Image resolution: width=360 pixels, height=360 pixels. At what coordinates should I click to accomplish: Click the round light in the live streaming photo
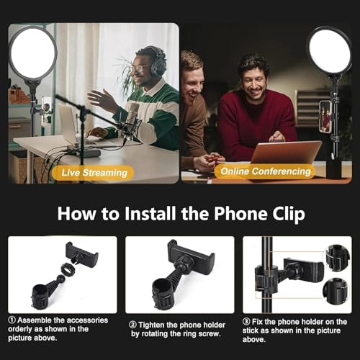click(32, 53)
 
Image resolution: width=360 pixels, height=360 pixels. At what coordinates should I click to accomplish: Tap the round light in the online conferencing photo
click(329, 50)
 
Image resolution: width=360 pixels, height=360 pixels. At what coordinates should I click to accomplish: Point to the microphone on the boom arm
click(133, 113)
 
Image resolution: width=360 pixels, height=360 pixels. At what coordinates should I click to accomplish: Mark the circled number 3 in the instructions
click(247, 323)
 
